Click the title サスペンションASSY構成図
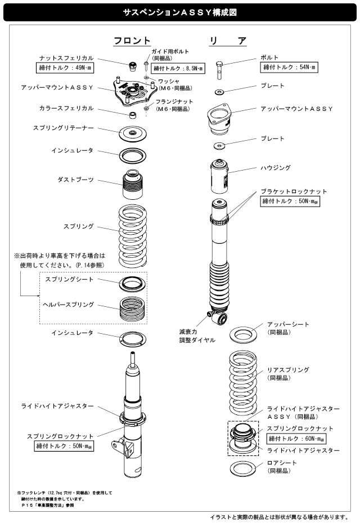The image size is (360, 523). [179, 11]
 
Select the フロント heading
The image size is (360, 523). [132, 41]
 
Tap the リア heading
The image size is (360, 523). [227, 41]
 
